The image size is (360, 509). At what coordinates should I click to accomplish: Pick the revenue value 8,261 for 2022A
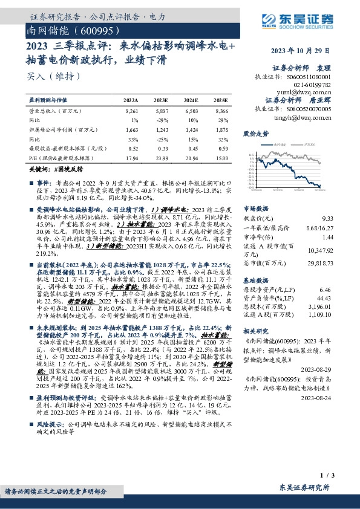tap(131, 112)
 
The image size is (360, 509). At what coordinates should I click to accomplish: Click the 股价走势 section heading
tap(255, 133)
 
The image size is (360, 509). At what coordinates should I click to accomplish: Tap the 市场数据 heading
tap(255, 208)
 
